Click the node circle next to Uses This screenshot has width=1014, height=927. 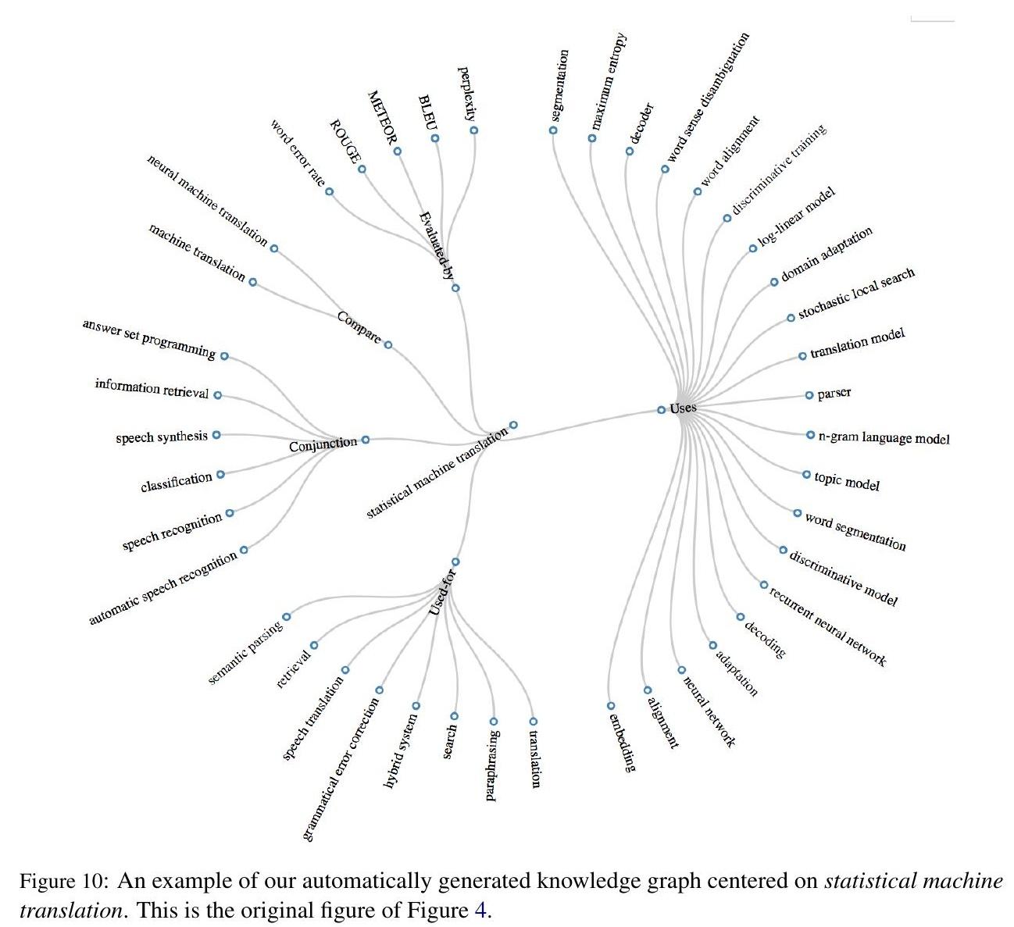tap(661, 409)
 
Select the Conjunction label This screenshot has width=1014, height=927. tap(323, 444)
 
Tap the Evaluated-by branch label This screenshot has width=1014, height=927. tap(436, 245)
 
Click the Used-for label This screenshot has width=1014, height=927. tap(442, 592)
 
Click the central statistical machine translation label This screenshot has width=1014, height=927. tap(437, 473)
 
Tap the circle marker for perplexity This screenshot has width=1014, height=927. tap(473, 130)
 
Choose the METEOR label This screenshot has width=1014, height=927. tap(382, 119)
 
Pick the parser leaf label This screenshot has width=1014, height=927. tap(834, 394)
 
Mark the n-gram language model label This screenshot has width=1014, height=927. tap(884, 438)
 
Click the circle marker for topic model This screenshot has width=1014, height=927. tap(806, 474)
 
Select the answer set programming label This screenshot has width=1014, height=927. tap(148, 339)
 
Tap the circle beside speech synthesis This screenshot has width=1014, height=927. tap(216, 435)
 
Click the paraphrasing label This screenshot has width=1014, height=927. tap(492, 765)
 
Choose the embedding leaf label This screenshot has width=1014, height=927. tap(622, 741)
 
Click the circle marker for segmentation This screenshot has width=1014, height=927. tap(553, 130)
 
